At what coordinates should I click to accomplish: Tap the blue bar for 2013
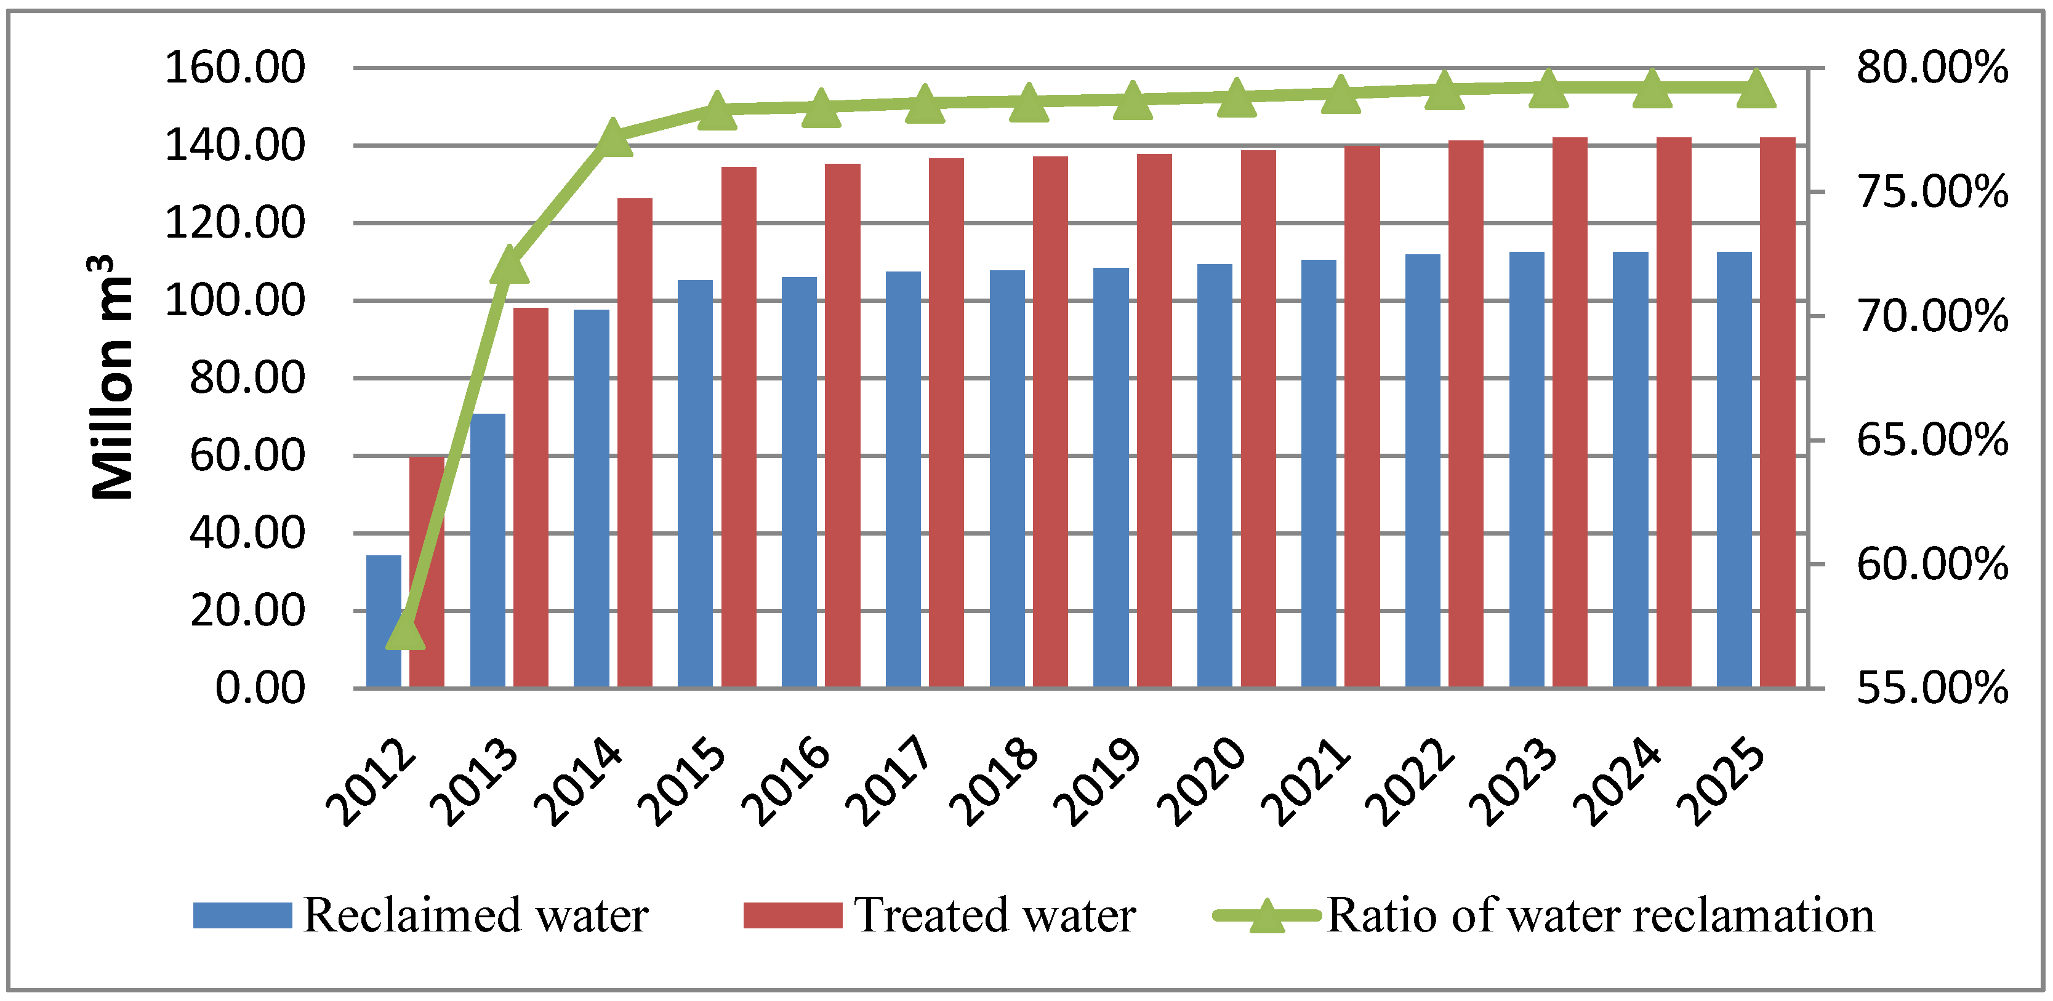coord(488,550)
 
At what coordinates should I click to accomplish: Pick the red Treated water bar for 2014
coord(635,442)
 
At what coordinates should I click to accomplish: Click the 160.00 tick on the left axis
coord(235,68)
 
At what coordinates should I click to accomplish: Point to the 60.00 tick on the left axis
coord(247,456)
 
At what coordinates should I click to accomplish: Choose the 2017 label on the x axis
coord(890,781)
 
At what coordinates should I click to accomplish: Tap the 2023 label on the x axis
coord(1513,781)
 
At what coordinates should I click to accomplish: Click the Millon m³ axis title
coord(111,379)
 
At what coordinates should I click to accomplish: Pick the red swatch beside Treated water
coord(792,915)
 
